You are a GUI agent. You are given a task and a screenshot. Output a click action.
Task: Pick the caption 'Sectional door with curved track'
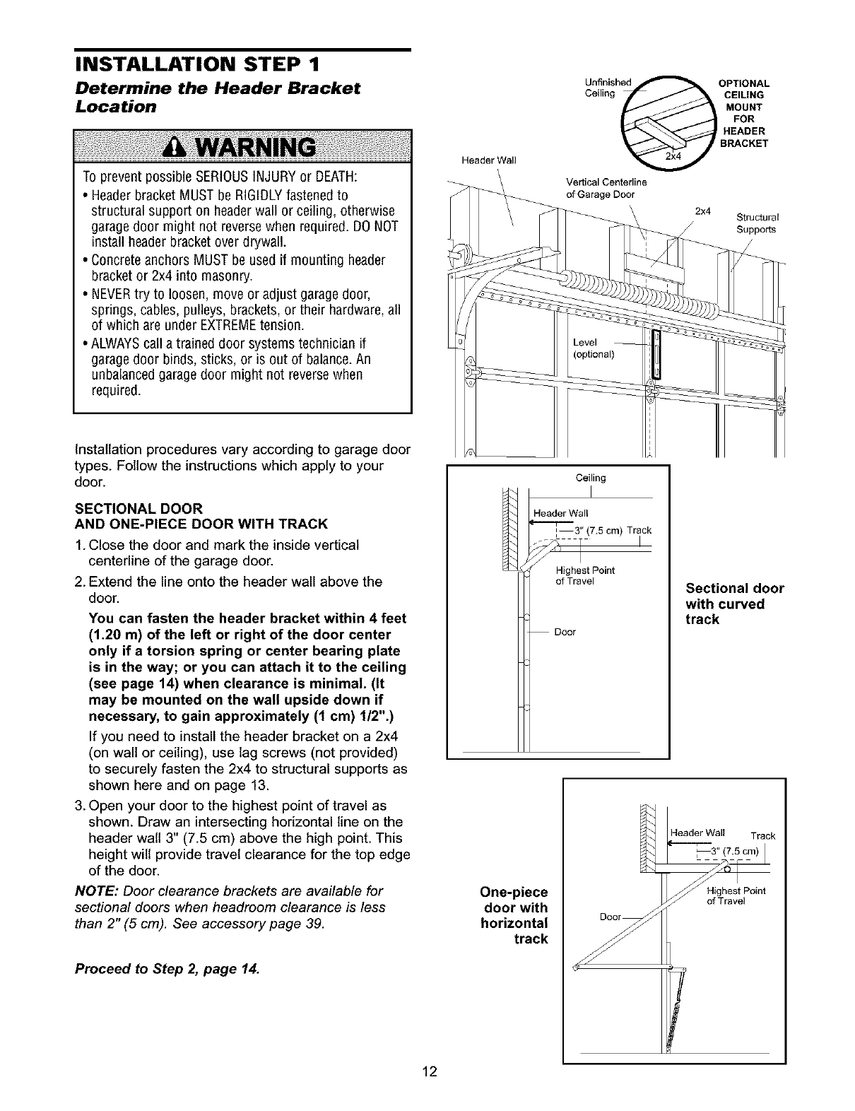[x=733, y=604]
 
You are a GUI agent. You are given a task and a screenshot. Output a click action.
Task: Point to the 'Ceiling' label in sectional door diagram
[x=591, y=478]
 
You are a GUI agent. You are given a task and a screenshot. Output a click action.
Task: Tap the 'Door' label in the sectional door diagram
[x=565, y=632]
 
